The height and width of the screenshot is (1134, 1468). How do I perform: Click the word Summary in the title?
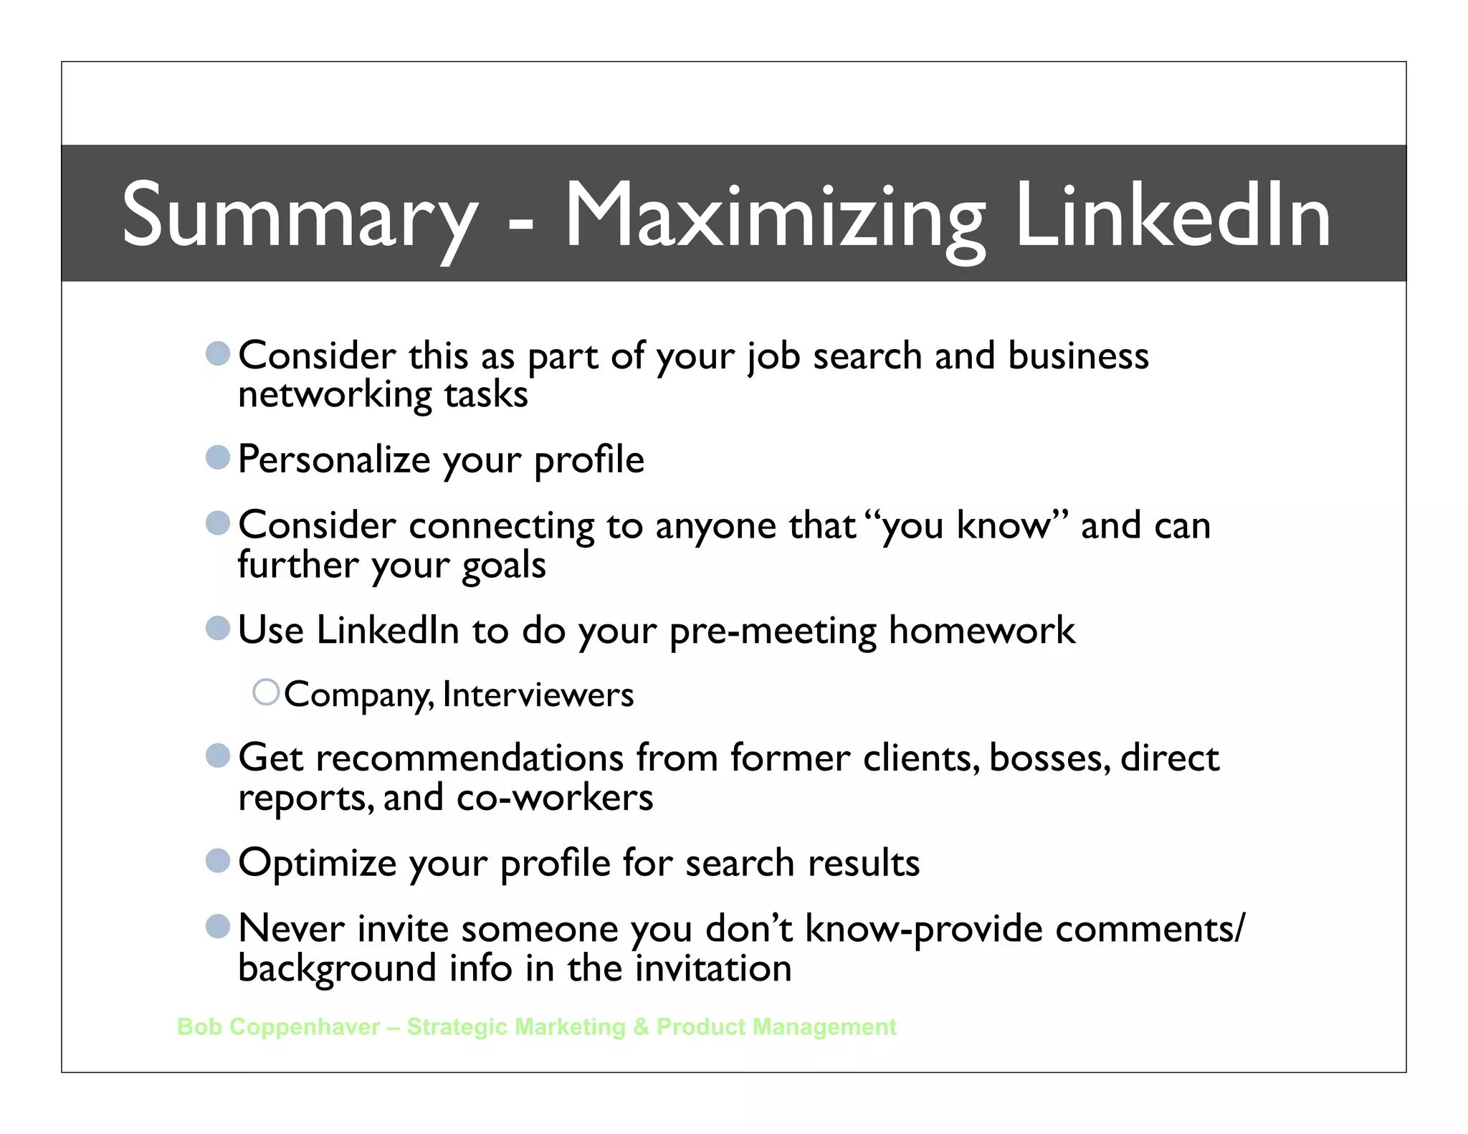300,215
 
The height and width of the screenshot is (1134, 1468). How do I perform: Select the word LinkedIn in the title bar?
1173,215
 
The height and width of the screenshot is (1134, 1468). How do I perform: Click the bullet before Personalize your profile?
217,457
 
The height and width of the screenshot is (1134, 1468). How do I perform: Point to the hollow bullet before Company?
266,692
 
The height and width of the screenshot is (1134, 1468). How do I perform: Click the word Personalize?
333,459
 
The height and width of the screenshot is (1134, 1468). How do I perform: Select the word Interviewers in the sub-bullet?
538,695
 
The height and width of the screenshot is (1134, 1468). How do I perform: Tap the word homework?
981,631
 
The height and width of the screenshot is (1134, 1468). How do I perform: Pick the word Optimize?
317,862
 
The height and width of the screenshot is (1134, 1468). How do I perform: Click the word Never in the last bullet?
291,928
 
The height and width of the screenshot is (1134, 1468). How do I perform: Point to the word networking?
335,395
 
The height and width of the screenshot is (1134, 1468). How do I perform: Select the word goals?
504,566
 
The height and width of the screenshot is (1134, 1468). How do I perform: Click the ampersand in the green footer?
641,1026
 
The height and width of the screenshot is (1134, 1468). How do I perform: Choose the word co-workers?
554,798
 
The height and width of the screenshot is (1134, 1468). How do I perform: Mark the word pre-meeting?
773,631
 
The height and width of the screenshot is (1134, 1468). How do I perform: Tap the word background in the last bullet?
337,968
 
